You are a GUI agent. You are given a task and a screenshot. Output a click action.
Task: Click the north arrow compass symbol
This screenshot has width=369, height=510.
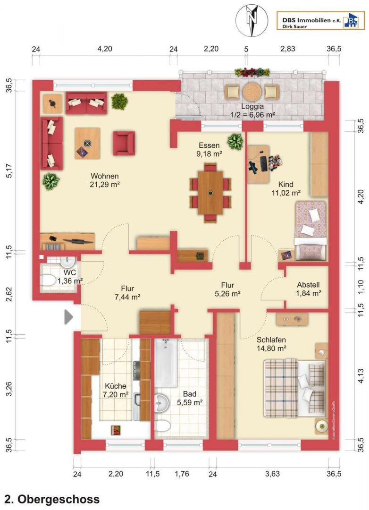pyautogui.click(x=252, y=20)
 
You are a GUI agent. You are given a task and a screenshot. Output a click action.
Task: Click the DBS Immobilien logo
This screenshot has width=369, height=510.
pyautogui.click(x=320, y=21)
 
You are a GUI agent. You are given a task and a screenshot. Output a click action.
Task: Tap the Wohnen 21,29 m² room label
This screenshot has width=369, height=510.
pyautogui.click(x=105, y=180)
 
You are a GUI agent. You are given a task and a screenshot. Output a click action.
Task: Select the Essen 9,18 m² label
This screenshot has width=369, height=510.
pyautogui.click(x=209, y=150)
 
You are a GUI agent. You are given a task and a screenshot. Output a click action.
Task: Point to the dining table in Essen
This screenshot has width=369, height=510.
pyautogui.click(x=210, y=193)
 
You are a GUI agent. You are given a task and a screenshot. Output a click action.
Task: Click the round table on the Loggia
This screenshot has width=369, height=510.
pyautogui.click(x=252, y=91)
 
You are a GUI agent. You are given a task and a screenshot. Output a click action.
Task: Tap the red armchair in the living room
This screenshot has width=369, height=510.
pyautogui.click(x=124, y=143)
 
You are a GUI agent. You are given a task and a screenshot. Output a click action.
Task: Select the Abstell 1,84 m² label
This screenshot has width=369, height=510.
pyautogui.click(x=308, y=289)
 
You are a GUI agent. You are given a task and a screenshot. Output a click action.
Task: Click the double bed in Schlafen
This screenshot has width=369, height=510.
pyautogui.click(x=295, y=388)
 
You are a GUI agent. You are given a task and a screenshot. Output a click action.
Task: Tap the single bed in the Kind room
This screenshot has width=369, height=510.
pyautogui.click(x=310, y=230)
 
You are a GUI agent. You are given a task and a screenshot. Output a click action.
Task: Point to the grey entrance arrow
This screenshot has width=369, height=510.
pyautogui.click(x=68, y=317)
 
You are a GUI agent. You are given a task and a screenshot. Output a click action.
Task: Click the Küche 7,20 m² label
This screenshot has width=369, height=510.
pyautogui.click(x=116, y=390)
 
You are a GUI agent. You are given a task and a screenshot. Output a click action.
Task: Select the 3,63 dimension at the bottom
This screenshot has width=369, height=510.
pyautogui.click(x=272, y=474)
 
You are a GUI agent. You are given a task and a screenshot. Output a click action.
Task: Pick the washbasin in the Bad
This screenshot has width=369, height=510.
pyautogui.click(x=161, y=403)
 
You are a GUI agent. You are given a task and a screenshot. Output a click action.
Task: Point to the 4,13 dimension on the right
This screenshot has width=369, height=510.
pyautogui.click(x=361, y=376)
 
